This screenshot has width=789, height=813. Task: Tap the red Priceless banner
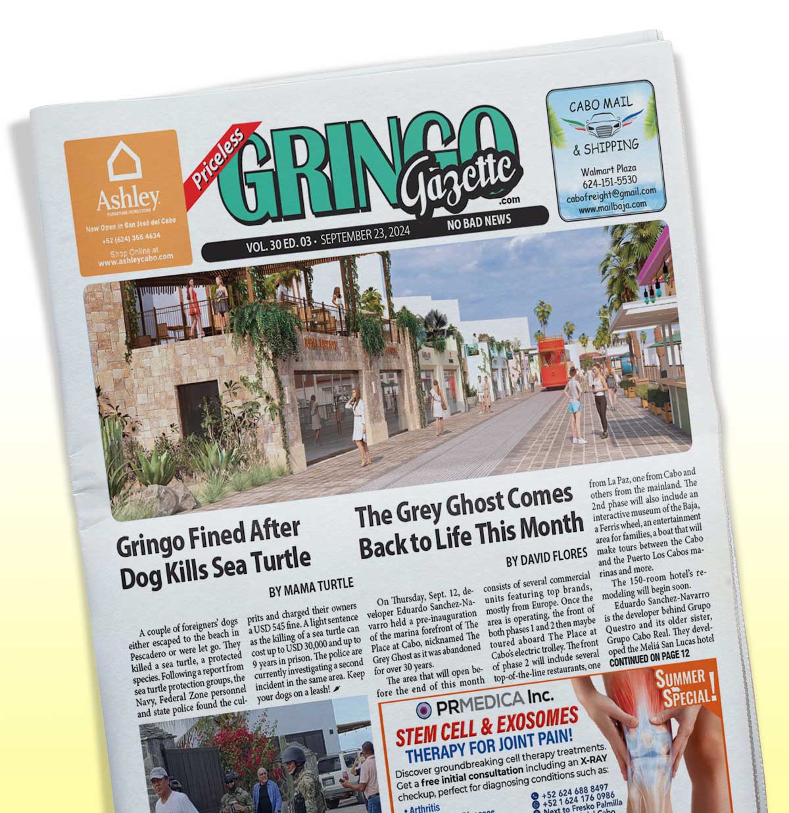[218, 152]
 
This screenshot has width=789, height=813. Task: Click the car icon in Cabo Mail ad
[599, 124]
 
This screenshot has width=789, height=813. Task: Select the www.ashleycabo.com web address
[135, 260]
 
